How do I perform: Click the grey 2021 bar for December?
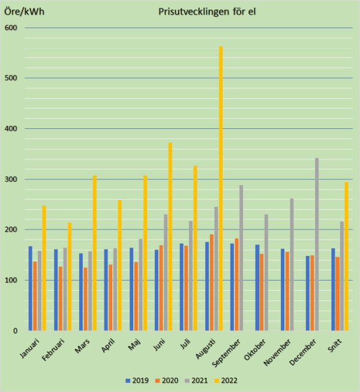pos(317,244)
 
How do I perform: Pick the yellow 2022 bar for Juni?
pos(170,236)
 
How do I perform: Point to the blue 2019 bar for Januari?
pos(31,288)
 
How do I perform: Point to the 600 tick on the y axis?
pos(11,28)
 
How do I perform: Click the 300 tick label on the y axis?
pos(11,179)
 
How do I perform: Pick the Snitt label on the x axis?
pos(339,347)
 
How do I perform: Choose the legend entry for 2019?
pos(137,380)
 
